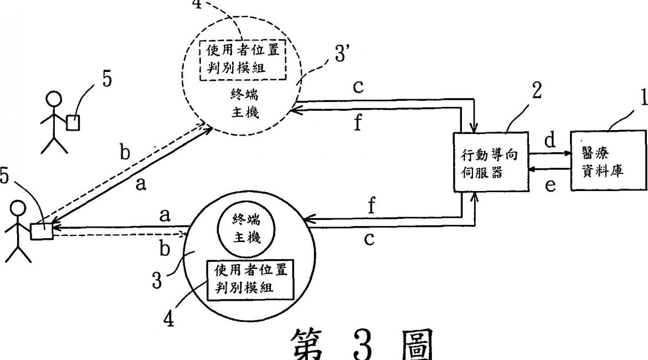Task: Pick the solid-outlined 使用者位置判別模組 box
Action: [250, 280]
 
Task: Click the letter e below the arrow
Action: [549, 185]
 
